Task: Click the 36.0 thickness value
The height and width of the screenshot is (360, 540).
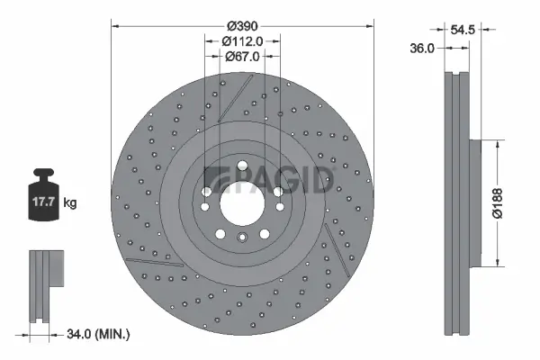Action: pyautogui.click(x=422, y=49)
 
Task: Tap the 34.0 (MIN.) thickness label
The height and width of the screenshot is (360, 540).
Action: pyautogui.click(x=97, y=335)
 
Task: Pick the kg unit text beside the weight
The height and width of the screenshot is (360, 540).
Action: pyautogui.click(x=70, y=203)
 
